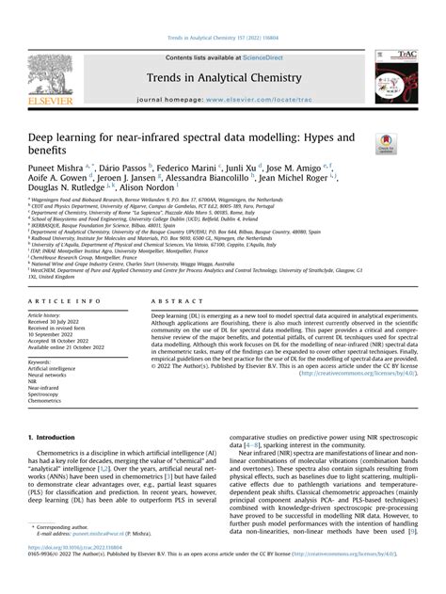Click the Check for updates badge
point(386,144)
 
